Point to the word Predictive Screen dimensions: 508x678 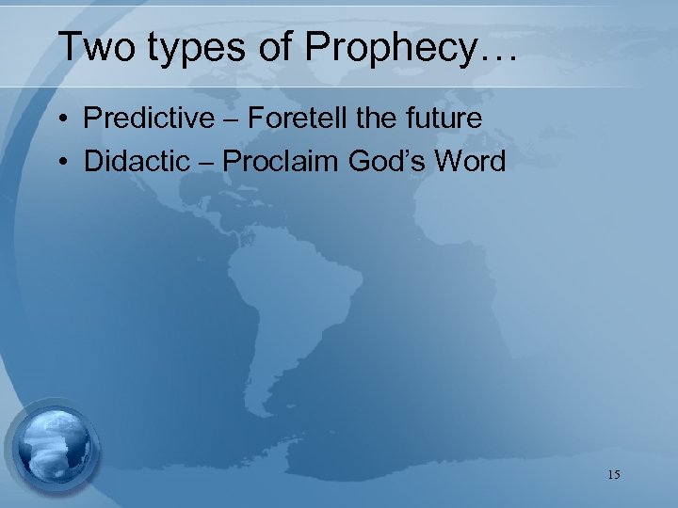[x=150, y=119]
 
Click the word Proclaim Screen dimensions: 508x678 [x=283, y=162]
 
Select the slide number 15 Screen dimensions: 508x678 [x=613, y=474]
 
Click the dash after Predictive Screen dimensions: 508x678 [x=232, y=120]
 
